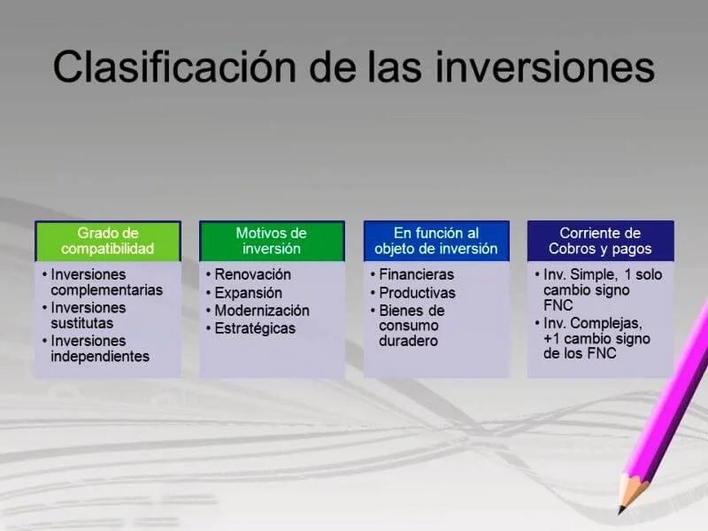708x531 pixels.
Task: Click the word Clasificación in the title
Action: click(x=174, y=67)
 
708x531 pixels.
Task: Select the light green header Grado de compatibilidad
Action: click(x=108, y=241)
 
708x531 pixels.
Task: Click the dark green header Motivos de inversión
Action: click(x=272, y=241)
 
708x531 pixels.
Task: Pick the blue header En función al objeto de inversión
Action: click(x=436, y=241)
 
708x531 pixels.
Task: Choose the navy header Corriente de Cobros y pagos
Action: click(x=601, y=241)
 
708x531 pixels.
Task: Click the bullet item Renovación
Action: click(x=252, y=274)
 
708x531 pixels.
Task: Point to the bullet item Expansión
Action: click(x=249, y=293)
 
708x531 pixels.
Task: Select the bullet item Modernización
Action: click(x=262, y=311)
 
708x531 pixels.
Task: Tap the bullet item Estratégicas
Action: click(x=255, y=328)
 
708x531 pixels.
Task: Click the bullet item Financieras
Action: click(x=416, y=274)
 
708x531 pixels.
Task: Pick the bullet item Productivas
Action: click(x=417, y=293)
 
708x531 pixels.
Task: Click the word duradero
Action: click(x=409, y=341)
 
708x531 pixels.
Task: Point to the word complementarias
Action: click(x=106, y=290)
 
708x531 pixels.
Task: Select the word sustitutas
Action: click(x=81, y=323)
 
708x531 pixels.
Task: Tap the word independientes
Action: click(x=100, y=357)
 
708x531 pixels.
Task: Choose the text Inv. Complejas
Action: click(x=593, y=323)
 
